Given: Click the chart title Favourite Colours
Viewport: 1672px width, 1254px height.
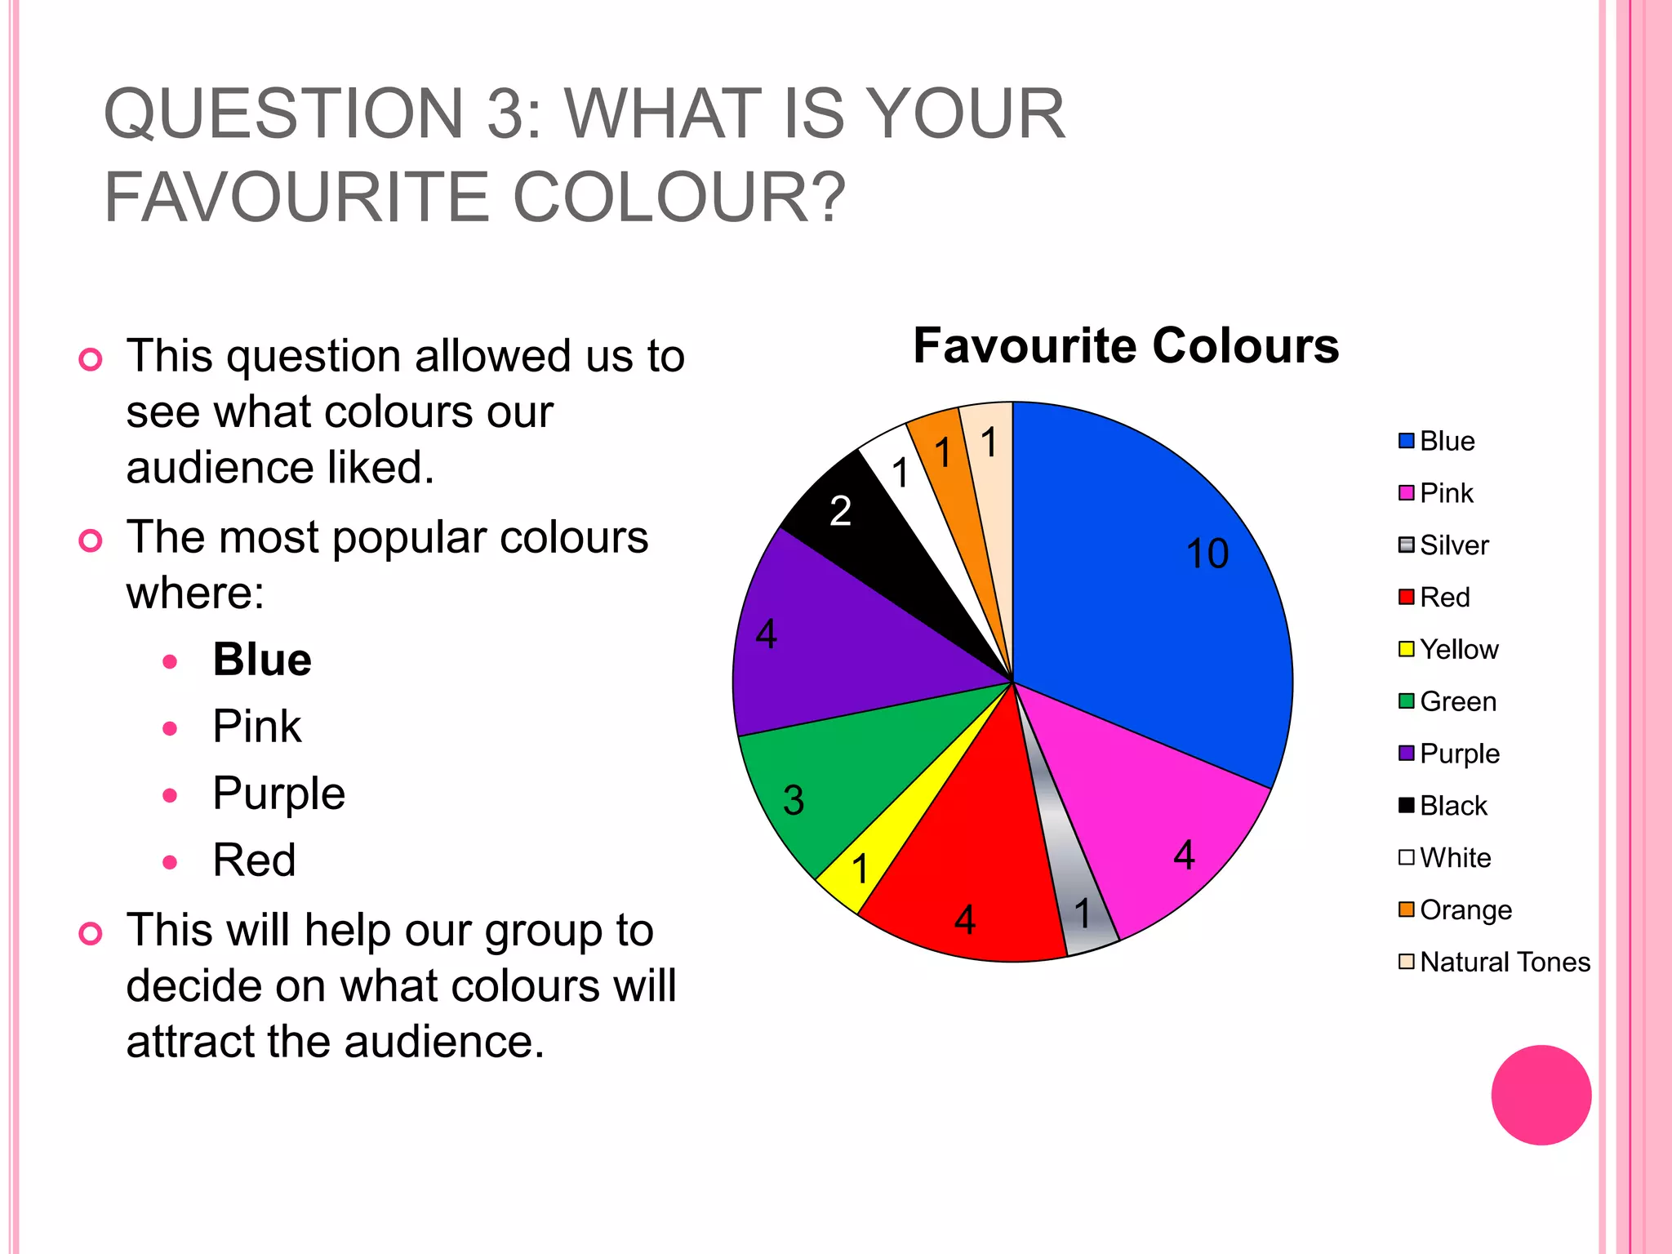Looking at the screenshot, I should (1126, 345).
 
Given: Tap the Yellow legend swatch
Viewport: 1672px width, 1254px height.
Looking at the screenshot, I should (1406, 650).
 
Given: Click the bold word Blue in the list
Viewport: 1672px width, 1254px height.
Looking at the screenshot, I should (262, 660).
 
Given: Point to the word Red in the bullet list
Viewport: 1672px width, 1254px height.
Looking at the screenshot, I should (254, 860).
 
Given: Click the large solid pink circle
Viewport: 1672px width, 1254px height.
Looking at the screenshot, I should (1541, 1095).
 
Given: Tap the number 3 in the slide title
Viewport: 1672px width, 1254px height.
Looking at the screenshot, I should (506, 114).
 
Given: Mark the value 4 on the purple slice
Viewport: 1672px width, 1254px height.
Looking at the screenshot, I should (767, 634).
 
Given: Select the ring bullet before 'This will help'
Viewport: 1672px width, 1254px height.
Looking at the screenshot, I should (91, 933).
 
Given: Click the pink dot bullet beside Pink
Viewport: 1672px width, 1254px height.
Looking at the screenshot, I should (170, 728).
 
